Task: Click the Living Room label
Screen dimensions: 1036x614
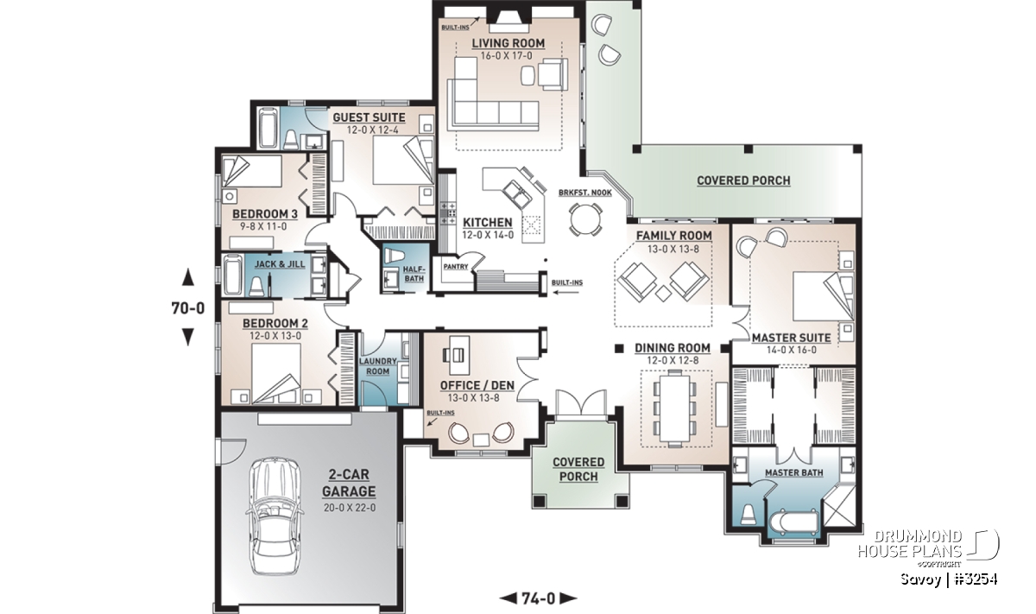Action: [x=508, y=43]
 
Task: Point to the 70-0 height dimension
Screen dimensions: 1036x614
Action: [x=188, y=307]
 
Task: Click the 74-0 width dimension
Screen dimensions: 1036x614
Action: [x=539, y=598]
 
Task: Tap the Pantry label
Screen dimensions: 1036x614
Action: [x=456, y=267]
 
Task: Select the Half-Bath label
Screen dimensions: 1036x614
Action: [x=414, y=274]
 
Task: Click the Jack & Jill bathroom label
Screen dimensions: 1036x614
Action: [x=280, y=264]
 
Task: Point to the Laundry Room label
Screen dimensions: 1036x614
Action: [x=378, y=366]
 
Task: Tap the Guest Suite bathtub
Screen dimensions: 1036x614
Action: [x=268, y=128]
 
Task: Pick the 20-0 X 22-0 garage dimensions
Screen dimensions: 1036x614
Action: [x=350, y=508]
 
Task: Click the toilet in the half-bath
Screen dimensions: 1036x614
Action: [x=394, y=256]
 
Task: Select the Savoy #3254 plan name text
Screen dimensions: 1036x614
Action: [x=949, y=579]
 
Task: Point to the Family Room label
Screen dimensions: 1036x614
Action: [x=674, y=236]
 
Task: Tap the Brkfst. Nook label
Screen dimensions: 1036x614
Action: [x=585, y=193]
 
